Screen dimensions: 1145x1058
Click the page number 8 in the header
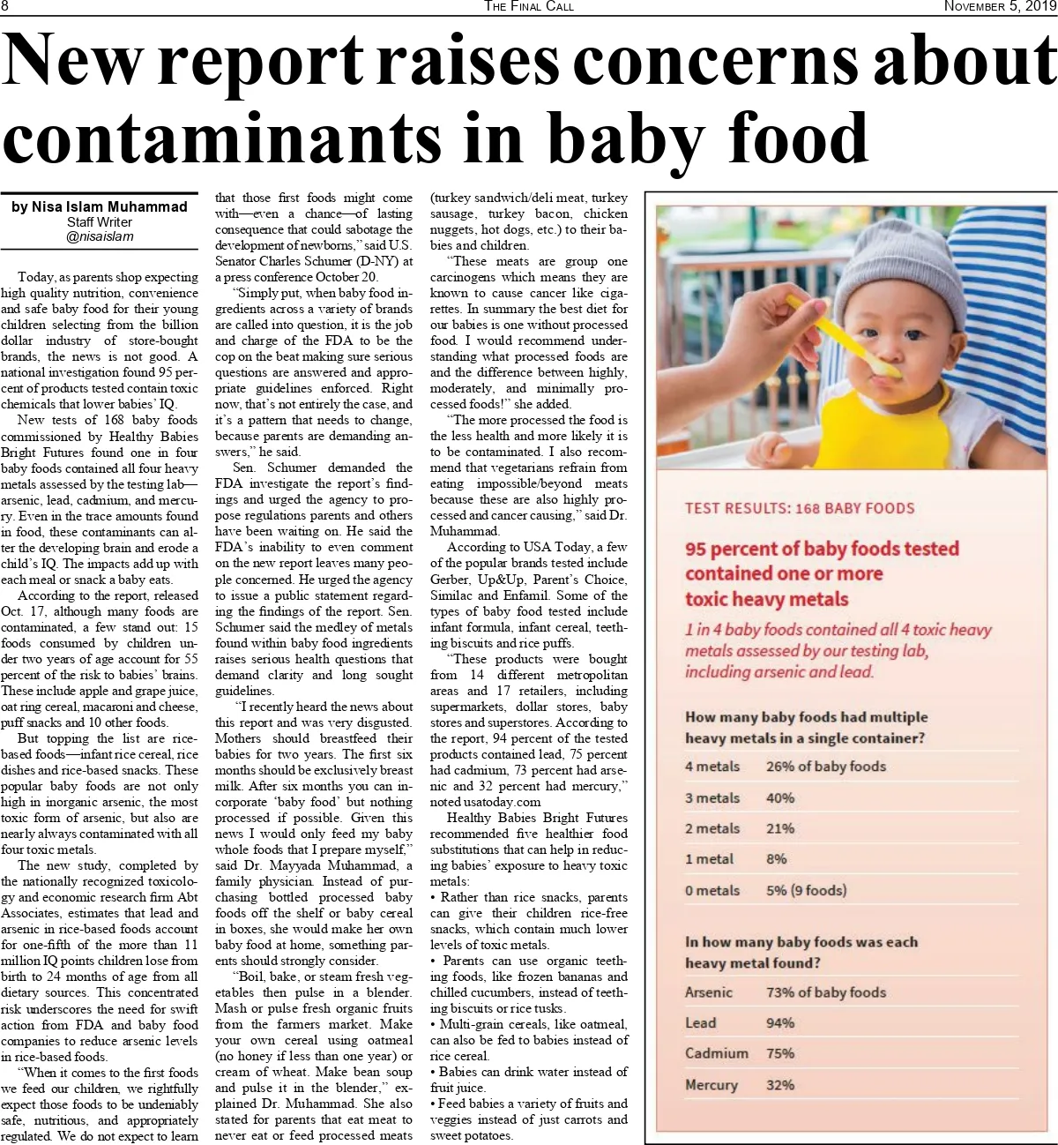pyautogui.click(x=5, y=6)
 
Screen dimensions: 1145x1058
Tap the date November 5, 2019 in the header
pyautogui.click(x=1000, y=6)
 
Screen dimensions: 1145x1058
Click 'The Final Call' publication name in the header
pyautogui.click(x=529, y=6)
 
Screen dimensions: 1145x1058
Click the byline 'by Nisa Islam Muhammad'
pyautogui.click(x=100, y=206)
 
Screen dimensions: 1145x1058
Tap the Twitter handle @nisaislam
pyautogui.click(x=100, y=236)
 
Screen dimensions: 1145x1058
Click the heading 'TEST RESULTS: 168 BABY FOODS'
pyautogui.click(x=800, y=508)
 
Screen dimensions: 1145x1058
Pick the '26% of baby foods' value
pyautogui.click(x=826, y=766)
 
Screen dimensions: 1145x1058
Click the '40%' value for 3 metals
pyautogui.click(x=780, y=797)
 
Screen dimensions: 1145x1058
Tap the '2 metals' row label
pyautogui.click(x=712, y=828)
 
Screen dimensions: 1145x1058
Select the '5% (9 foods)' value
pyautogui.click(x=806, y=890)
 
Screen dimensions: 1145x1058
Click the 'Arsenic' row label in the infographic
pyautogui.click(x=709, y=992)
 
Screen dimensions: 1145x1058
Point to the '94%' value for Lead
pyautogui.click(x=780, y=1022)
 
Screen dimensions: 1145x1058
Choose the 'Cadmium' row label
pyautogui.click(x=717, y=1053)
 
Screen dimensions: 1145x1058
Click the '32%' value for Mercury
pyautogui.click(x=780, y=1084)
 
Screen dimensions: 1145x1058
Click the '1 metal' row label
pyautogui.click(x=709, y=859)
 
